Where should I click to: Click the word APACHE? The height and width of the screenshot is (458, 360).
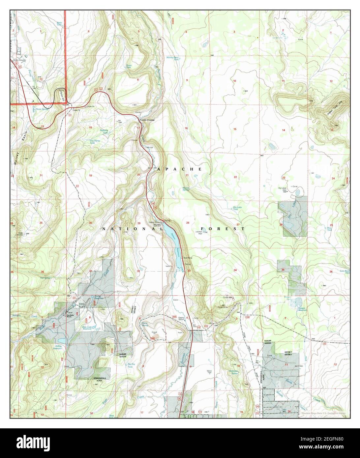pyautogui.click(x=180, y=169)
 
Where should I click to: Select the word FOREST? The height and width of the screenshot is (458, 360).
pyautogui.click(x=223, y=228)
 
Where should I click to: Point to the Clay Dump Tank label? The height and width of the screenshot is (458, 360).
pyautogui.click(x=95, y=142)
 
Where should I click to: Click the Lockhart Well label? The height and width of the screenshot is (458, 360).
pyautogui.click(x=198, y=232)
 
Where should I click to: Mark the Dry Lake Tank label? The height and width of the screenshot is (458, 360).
pyautogui.click(x=240, y=208)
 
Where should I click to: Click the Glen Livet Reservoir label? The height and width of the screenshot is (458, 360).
pyautogui.click(x=87, y=329)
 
